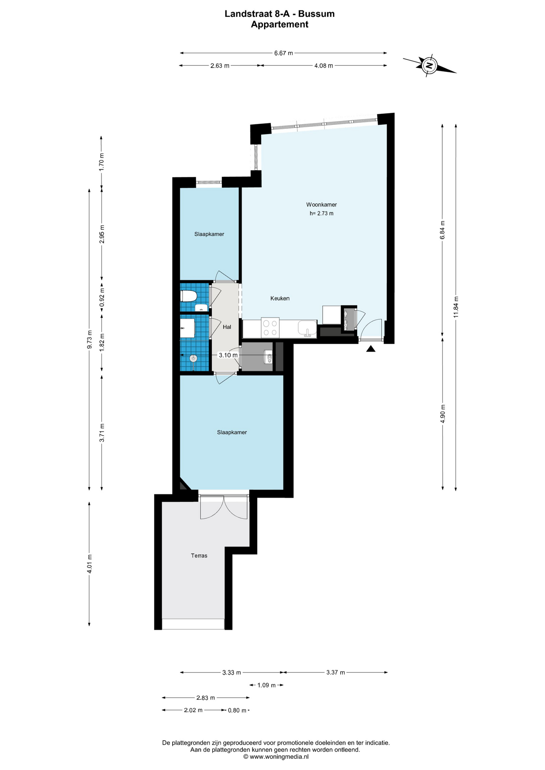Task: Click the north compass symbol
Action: tap(429, 65)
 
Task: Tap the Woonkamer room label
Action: tap(321, 205)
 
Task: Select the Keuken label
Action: tap(280, 298)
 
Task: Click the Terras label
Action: tap(199, 555)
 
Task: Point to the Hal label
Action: tap(227, 327)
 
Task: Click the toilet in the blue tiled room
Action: tap(189, 296)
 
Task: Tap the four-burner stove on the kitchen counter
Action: tap(270, 327)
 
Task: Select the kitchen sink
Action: tap(307, 328)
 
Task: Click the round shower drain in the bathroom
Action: tap(194, 358)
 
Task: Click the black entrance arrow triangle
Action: tap(371, 349)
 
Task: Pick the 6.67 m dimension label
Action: tap(283, 53)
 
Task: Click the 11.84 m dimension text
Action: tap(456, 307)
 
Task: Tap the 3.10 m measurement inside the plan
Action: tap(228, 355)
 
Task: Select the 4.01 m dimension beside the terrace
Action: tap(89, 563)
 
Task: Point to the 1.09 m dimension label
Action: tap(266, 685)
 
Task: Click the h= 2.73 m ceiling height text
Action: tap(321, 213)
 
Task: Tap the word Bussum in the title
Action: tap(316, 14)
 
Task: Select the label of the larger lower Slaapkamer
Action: tap(232, 432)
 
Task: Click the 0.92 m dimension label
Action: tap(102, 298)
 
